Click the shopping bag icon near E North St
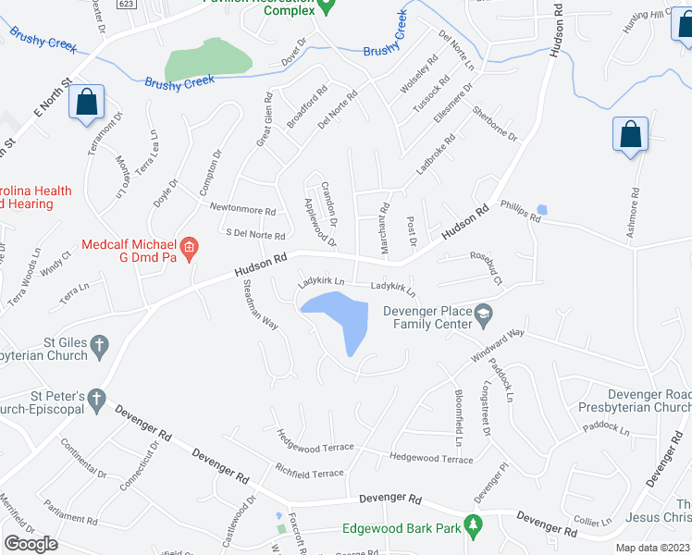[86, 104]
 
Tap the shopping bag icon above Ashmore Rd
[630, 134]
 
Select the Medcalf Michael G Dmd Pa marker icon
[189, 246]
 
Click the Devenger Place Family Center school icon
[483, 316]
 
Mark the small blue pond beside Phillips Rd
[541, 210]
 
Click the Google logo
[31, 544]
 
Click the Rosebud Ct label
[486, 268]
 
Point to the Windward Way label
[497, 344]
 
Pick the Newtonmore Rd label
[242, 210]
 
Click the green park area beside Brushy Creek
[208, 61]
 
